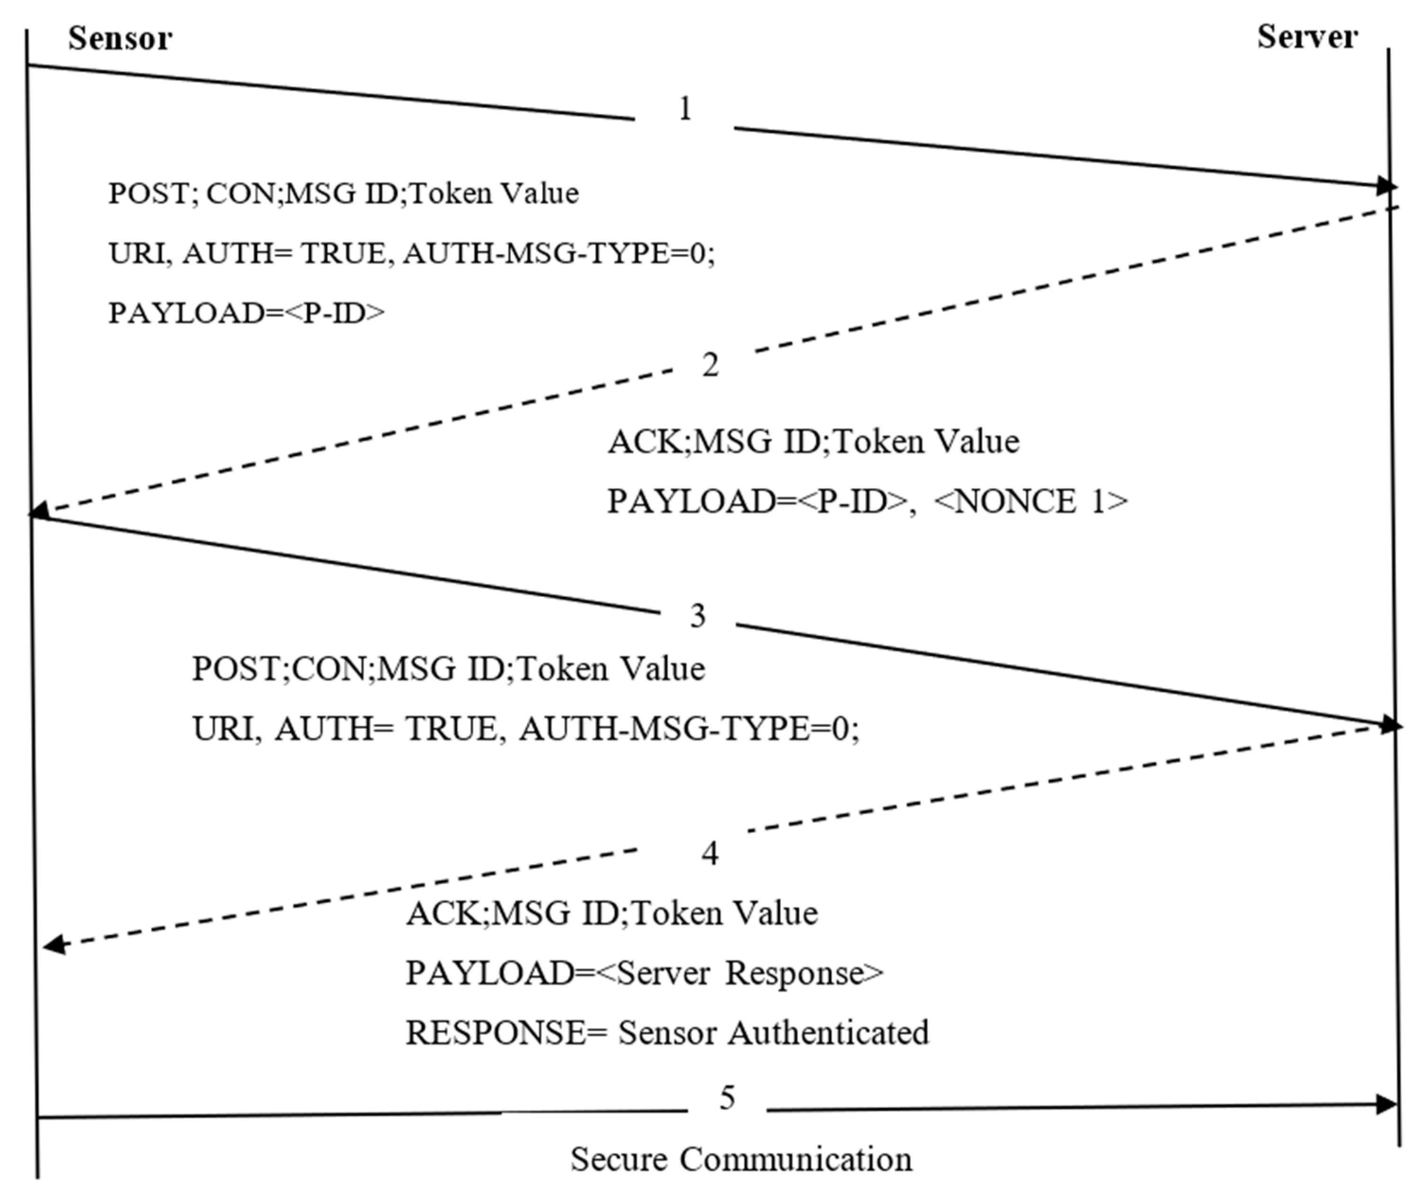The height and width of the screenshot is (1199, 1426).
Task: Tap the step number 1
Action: (x=685, y=109)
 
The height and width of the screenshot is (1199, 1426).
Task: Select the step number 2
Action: (x=710, y=366)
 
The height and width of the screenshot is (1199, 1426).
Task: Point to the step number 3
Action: (x=698, y=616)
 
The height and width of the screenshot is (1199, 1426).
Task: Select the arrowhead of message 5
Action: (x=1384, y=1105)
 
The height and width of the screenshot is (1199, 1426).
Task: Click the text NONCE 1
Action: (x=1031, y=502)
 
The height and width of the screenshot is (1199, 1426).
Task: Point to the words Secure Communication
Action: (x=741, y=1160)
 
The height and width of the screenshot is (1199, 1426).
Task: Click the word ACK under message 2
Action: (x=647, y=442)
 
